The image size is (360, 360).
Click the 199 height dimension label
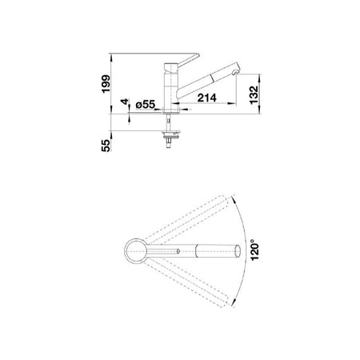pos(106,84)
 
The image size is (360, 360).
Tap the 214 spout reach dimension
pos(207,98)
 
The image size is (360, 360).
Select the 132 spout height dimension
pos(254,94)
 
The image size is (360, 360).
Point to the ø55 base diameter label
pos(146,105)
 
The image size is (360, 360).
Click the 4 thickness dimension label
pos(125,102)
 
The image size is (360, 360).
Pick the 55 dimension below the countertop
pos(106,146)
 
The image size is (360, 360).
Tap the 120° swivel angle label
pos(254,251)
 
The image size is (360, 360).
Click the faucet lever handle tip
pos(198,55)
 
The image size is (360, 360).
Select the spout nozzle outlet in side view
pos(235,72)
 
